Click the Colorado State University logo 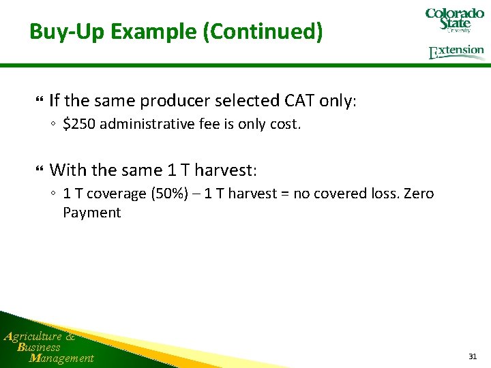[454, 20]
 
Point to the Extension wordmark [456, 52]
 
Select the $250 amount [80, 124]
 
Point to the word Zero [419, 194]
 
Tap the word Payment [91, 213]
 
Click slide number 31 [473, 356]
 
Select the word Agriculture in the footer [33, 336]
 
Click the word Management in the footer [62, 358]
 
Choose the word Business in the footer [39, 347]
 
